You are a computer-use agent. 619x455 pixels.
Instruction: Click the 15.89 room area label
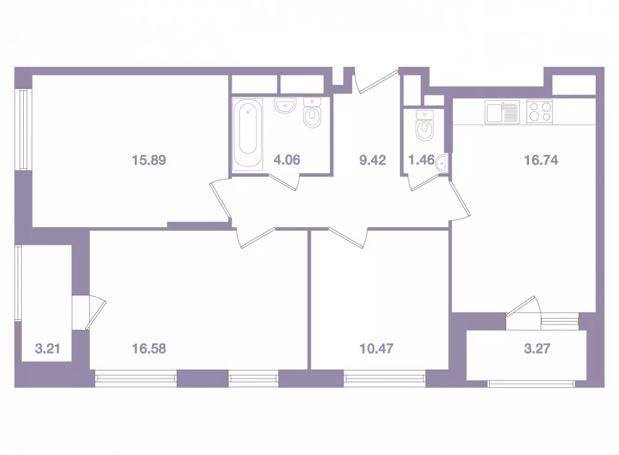(x=149, y=160)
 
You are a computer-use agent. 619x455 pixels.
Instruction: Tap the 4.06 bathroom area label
(x=287, y=160)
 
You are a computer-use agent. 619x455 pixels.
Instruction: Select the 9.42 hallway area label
(x=373, y=160)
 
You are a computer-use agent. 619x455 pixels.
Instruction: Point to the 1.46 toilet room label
(x=421, y=160)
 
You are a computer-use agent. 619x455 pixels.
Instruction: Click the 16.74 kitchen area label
(x=541, y=160)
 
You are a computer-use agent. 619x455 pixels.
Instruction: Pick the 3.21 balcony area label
(x=47, y=349)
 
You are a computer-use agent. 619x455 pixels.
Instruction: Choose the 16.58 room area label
(x=149, y=349)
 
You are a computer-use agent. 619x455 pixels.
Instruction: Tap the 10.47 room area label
(x=376, y=349)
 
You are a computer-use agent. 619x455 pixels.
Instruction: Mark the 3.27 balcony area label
(x=537, y=349)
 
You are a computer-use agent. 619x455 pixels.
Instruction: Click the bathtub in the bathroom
(x=248, y=135)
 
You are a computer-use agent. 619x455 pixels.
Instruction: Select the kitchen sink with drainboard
(x=502, y=112)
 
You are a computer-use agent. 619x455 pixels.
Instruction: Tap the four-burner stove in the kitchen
(x=540, y=112)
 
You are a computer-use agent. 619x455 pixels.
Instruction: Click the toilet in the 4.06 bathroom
(x=312, y=113)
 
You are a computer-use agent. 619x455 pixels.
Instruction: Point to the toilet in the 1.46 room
(x=424, y=126)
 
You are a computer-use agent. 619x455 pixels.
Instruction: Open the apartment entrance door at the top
(x=377, y=81)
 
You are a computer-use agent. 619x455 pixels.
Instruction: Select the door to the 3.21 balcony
(x=95, y=313)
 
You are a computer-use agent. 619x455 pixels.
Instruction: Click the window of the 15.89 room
(x=24, y=130)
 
